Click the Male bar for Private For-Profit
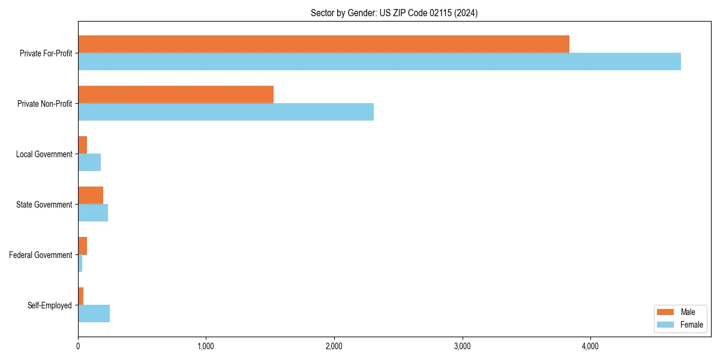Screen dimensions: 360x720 [323, 44]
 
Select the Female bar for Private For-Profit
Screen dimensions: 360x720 [379, 61]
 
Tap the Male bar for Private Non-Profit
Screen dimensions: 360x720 [176, 94]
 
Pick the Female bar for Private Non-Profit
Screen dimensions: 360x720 [226, 112]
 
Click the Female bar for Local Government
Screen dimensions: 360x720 [89, 162]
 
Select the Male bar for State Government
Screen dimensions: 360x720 [91, 195]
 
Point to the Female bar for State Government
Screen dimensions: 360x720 [93, 212]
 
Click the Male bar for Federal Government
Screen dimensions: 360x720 [83, 245]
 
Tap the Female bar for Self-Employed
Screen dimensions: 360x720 [94, 313]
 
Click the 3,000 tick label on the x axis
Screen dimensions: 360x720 [462, 346]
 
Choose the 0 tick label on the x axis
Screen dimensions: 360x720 [78, 346]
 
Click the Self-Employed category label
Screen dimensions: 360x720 [50, 305]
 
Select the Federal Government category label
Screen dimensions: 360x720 [41, 255]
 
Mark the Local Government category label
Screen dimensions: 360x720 [44, 154]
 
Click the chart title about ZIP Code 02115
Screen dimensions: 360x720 [394, 13]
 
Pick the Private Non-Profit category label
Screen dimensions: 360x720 [44, 104]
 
